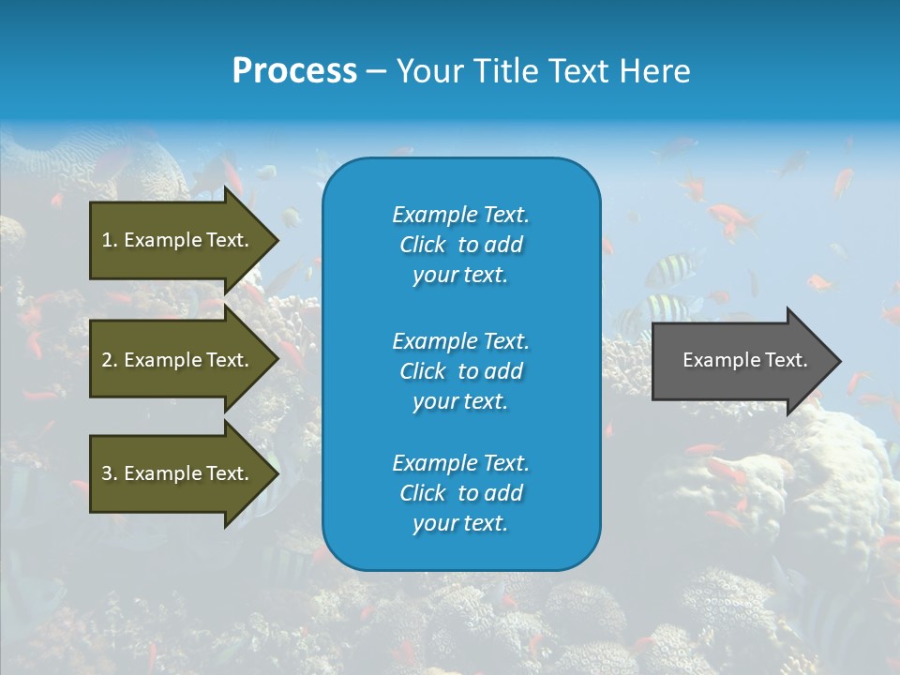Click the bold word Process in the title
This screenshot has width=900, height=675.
point(294,71)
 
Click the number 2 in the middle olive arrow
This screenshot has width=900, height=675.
point(108,360)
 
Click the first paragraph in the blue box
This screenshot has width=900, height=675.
point(460,245)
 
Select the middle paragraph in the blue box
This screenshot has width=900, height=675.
point(460,371)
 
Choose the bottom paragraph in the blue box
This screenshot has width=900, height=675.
point(460,493)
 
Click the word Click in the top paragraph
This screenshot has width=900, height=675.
point(423,245)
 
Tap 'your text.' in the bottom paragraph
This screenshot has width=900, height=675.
point(460,523)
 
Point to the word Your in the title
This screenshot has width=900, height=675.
point(429,71)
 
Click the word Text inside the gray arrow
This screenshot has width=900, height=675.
point(785,360)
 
